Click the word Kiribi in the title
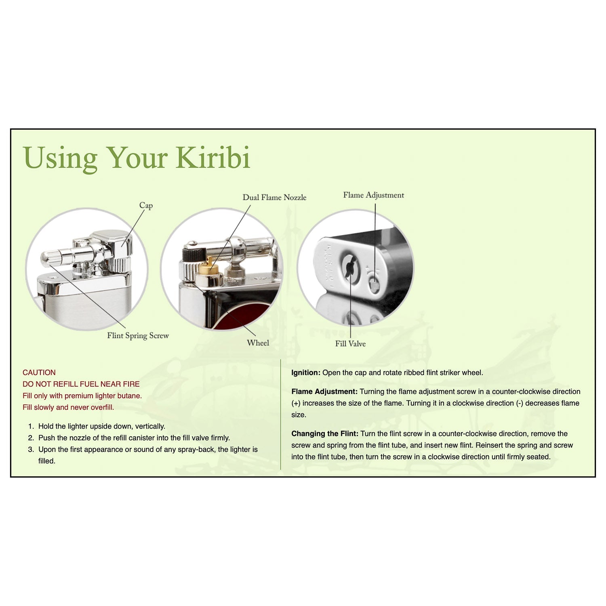coord(213,158)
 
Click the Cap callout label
coord(146,206)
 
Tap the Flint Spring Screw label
coord(138,336)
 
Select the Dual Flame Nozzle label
coord(274,198)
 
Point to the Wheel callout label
coord(258,343)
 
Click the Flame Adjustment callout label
coord(373,195)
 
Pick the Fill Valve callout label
coord(350,344)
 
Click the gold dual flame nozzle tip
coord(208,262)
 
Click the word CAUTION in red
coord(39,372)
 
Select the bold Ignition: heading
coord(306,372)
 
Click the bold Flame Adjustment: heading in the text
coord(324,391)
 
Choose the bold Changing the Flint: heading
coord(325,433)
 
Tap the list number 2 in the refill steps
coord(31,438)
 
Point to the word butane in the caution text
coord(130,396)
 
